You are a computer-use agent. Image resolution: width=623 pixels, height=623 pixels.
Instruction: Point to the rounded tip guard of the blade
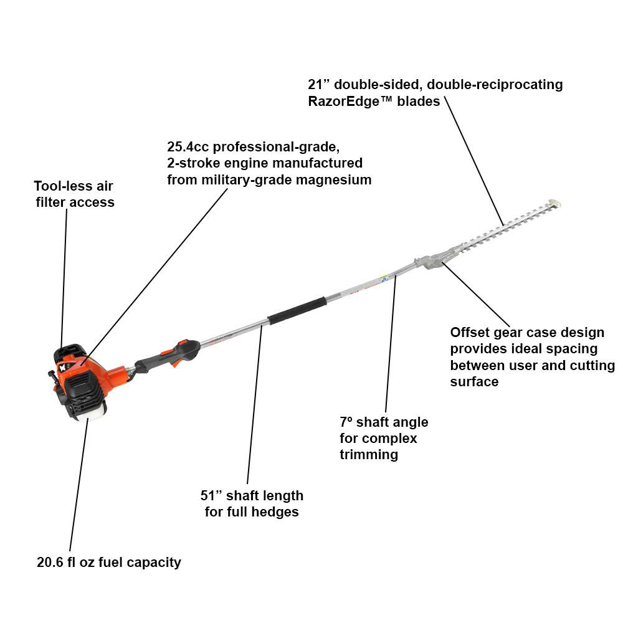pyautogui.click(x=554, y=204)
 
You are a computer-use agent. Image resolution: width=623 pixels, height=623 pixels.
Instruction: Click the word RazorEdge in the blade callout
pyautogui.click(x=344, y=102)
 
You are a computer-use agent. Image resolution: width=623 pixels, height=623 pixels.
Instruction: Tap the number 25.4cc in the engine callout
pyautogui.click(x=188, y=147)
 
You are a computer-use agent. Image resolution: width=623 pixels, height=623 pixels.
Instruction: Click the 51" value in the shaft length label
pyautogui.click(x=211, y=495)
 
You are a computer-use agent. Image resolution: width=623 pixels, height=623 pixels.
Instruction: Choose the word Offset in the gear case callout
pyautogui.click(x=468, y=332)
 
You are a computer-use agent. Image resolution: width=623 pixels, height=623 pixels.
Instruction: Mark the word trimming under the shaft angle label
pyautogui.click(x=369, y=455)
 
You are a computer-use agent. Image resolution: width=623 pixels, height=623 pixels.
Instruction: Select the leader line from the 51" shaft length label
pyautogui.click(x=255, y=404)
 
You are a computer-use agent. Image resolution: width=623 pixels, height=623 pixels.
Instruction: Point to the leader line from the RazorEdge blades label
pyautogui.click(x=474, y=161)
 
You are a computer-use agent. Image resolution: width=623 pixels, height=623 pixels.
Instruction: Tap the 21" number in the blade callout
pyautogui.click(x=318, y=85)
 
